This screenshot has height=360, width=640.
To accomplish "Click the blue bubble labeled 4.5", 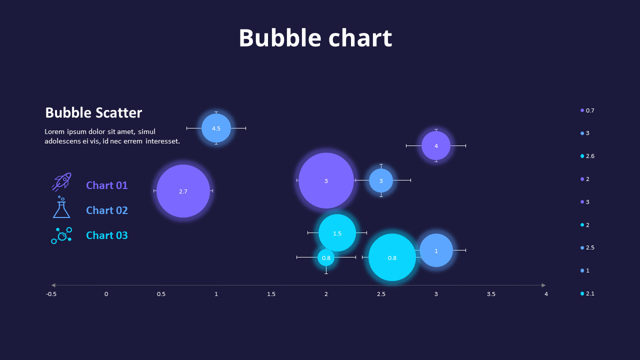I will (x=216, y=128).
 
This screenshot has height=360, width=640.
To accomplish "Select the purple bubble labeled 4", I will (x=436, y=145).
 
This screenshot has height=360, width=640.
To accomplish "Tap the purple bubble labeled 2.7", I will (x=183, y=191).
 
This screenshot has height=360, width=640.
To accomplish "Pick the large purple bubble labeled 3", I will (x=326, y=180).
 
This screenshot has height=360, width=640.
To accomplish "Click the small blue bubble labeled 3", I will (x=381, y=180).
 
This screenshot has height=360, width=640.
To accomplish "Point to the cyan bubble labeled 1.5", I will (x=337, y=233).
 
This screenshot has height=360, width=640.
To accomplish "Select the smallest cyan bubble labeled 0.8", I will (x=326, y=258).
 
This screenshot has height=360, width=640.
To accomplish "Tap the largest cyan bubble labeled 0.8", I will (x=392, y=257).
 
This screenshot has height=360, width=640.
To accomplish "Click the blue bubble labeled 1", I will (x=436, y=250).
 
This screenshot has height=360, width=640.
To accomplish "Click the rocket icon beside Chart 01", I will (x=61, y=182).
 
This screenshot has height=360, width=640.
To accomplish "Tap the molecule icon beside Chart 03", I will (x=61, y=235).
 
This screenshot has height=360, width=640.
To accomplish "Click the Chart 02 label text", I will (x=107, y=210).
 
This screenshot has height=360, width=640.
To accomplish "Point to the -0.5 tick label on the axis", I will (x=51, y=294).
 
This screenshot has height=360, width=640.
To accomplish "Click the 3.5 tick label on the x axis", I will (x=491, y=294).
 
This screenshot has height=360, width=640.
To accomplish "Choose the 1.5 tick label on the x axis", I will (x=271, y=294).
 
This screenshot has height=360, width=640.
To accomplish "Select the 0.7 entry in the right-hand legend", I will (x=587, y=110).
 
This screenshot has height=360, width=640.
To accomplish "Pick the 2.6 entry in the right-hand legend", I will (x=587, y=156).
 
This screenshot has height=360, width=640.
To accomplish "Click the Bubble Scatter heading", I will (x=93, y=113).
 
